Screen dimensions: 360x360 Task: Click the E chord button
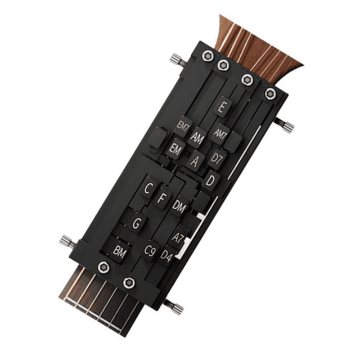pos(223,106)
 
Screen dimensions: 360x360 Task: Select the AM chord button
pos(197,137)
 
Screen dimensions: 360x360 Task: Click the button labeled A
pos(195,161)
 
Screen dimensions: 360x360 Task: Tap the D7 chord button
pos(217,158)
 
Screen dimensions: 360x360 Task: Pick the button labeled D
pos(210,181)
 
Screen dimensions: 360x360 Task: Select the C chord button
pos(148,188)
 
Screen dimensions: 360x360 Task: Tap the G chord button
pos(136,223)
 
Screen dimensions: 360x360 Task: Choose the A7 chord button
pos(178,237)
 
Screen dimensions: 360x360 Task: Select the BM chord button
pos(120,251)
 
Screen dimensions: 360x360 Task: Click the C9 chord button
pos(150,251)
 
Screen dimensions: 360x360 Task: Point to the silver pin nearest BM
pos(67,241)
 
